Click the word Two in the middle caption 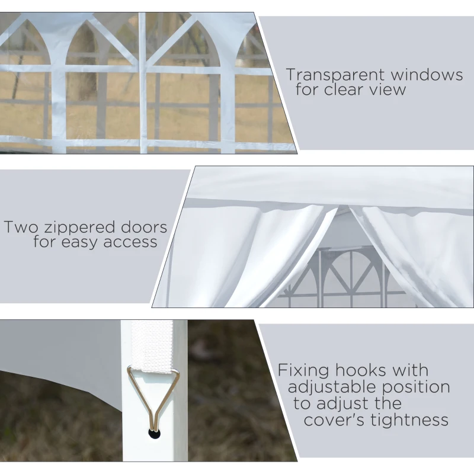pos(19,227)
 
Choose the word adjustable pos(332,387)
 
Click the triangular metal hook pos(153,394)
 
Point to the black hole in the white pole pos(154,434)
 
